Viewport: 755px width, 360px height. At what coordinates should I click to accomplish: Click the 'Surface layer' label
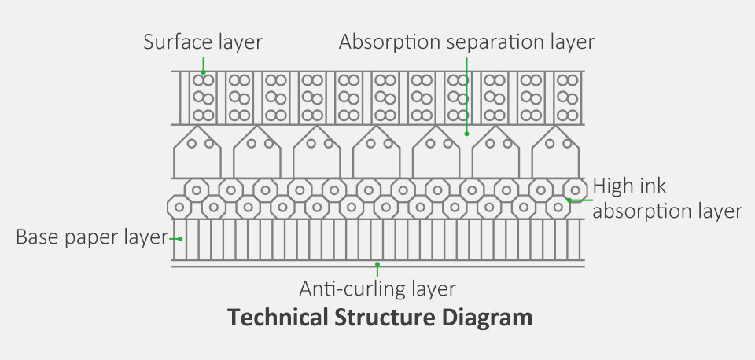(x=203, y=41)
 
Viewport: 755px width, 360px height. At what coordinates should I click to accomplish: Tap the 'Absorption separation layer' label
(x=466, y=41)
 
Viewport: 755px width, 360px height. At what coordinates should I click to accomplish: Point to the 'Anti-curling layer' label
(x=377, y=288)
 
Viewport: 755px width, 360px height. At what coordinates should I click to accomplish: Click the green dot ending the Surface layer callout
(x=203, y=73)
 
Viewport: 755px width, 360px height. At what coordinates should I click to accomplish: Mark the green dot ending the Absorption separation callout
(x=467, y=133)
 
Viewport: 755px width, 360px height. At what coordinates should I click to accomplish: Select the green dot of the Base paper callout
(x=181, y=237)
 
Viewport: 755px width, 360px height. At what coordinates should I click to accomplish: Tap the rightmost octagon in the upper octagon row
(x=576, y=189)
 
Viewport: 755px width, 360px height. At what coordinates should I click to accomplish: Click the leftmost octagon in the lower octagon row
(x=179, y=208)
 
